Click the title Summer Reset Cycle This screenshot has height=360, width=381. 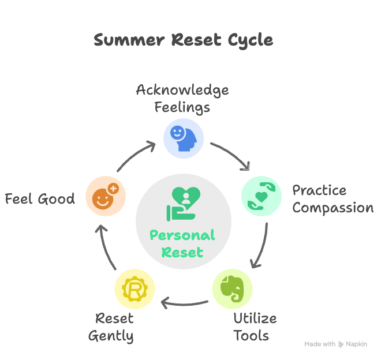coord(183,40)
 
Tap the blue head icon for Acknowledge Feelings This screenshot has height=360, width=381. coord(184,138)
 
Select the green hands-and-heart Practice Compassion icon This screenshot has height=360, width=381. coord(261,196)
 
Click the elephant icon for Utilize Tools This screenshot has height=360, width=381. coord(233,288)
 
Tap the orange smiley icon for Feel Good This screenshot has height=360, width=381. coord(104,196)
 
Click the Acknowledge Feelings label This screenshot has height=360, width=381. coord(182,98)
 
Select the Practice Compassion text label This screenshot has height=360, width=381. coord(333,199)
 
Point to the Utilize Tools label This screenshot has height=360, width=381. coord(255,327)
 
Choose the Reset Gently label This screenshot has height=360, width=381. coord(111,327)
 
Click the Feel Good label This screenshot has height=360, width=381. coord(40,200)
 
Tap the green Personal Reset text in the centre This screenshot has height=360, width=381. coord(182,243)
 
